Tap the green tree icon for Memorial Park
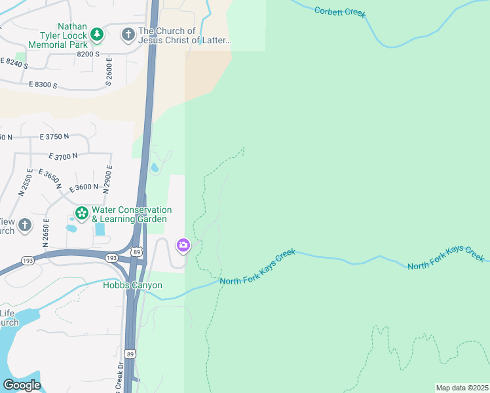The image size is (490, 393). [x=97, y=33]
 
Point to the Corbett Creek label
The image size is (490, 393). [x=340, y=12]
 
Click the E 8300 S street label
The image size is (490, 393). [x=43, y=85]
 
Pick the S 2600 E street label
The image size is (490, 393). [x=109, y=72]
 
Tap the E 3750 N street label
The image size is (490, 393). [x=54, y=136]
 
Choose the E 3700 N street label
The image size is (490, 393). [x=63, y=156]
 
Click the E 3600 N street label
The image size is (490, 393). [x=84, y=187]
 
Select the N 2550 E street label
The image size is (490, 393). [x=26, y=183]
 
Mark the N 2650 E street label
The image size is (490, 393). [x=46, y=233]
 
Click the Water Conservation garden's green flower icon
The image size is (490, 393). [x=82, y=212]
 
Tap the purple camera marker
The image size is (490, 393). [x=183, y=246]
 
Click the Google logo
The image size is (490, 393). [x=22, y=385]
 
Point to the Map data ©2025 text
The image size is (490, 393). [x=462, y=388]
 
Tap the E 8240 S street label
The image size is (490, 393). [x=14, y=64]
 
